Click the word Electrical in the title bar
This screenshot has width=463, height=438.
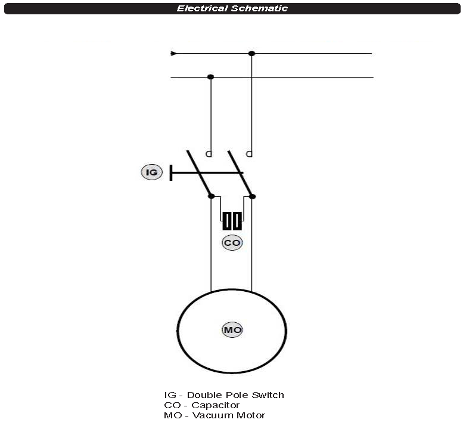(x=202, y=8)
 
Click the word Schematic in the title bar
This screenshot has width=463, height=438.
(x=260, y=8)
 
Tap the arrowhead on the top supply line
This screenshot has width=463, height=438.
(x=174, y=54)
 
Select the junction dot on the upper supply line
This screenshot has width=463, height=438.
(x=251, y=54)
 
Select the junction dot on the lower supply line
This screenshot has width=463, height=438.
(x=210, y=77)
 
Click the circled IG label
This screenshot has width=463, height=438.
(x=152, y=172)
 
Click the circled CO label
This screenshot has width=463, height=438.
(x=232, y=242)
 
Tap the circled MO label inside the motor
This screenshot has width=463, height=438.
(x=232, y=330)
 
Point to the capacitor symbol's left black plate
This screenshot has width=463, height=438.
(x=227, y=221)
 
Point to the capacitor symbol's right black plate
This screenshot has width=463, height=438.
(x=237, y=221)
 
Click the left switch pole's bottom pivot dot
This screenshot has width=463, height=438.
(x=212, y=196)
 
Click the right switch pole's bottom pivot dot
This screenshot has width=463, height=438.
(x=252, y=196)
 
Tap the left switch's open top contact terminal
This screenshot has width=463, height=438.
(x=209, y=154)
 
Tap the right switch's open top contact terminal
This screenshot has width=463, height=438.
(x=250, y=154)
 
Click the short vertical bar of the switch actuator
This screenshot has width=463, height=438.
(x=170, y=172)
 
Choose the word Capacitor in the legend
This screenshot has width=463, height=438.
(x=216, y=405)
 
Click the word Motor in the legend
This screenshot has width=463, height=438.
(x=251, y=415)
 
